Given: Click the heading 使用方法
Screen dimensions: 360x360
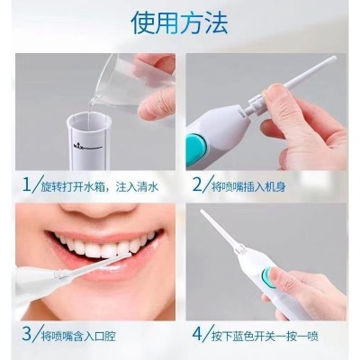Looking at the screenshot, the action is tap(179, 22).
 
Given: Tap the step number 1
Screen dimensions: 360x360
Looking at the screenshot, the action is tap(27, 184).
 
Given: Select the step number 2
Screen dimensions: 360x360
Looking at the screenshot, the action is tap(198, 184).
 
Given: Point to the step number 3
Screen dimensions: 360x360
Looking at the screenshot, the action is tap(27, 334).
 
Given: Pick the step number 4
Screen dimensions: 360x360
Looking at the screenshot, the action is tap(198, 334).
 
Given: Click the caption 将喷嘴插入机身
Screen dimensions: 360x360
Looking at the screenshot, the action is tap(248, 187).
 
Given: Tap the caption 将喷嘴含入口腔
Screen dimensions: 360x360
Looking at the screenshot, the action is tap(78, 336).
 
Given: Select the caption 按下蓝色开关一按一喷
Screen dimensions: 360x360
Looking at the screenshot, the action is tap(265, 336).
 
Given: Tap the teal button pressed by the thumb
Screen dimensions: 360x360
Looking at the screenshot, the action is tap(268, 278).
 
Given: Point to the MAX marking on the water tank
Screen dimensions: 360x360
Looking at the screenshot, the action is tap(78, 146).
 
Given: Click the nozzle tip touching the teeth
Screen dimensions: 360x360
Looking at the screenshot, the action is tap(127, 255).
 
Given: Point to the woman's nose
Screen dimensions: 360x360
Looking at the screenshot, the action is tap(99, 210).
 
